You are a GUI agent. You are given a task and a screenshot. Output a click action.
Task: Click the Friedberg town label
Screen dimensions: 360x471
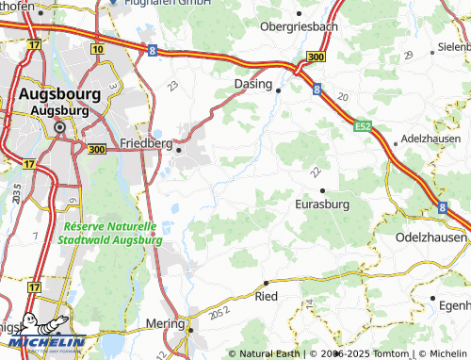tap(146, 143)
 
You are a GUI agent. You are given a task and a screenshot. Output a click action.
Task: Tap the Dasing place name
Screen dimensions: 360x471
tap(252, 83)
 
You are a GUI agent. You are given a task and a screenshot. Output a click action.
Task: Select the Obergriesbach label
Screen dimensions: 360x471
tap(299, 26)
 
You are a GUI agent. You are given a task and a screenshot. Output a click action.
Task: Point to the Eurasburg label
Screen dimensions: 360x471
tap(322, 204)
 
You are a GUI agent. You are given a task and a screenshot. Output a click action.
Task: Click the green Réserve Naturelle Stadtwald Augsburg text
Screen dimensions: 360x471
tap(108, 234)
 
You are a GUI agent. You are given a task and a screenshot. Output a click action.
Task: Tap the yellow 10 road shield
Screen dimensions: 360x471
tap(97, 47)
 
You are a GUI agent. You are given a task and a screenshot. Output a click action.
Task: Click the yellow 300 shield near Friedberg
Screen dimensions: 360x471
tap(96, 149)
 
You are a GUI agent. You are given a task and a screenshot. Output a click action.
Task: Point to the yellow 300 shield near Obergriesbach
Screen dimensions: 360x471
tap(316, 58)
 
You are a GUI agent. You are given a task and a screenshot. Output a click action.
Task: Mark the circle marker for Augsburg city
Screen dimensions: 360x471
tap(59, 127)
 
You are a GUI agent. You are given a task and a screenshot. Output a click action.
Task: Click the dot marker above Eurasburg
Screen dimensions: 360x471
tap(323, 190)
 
